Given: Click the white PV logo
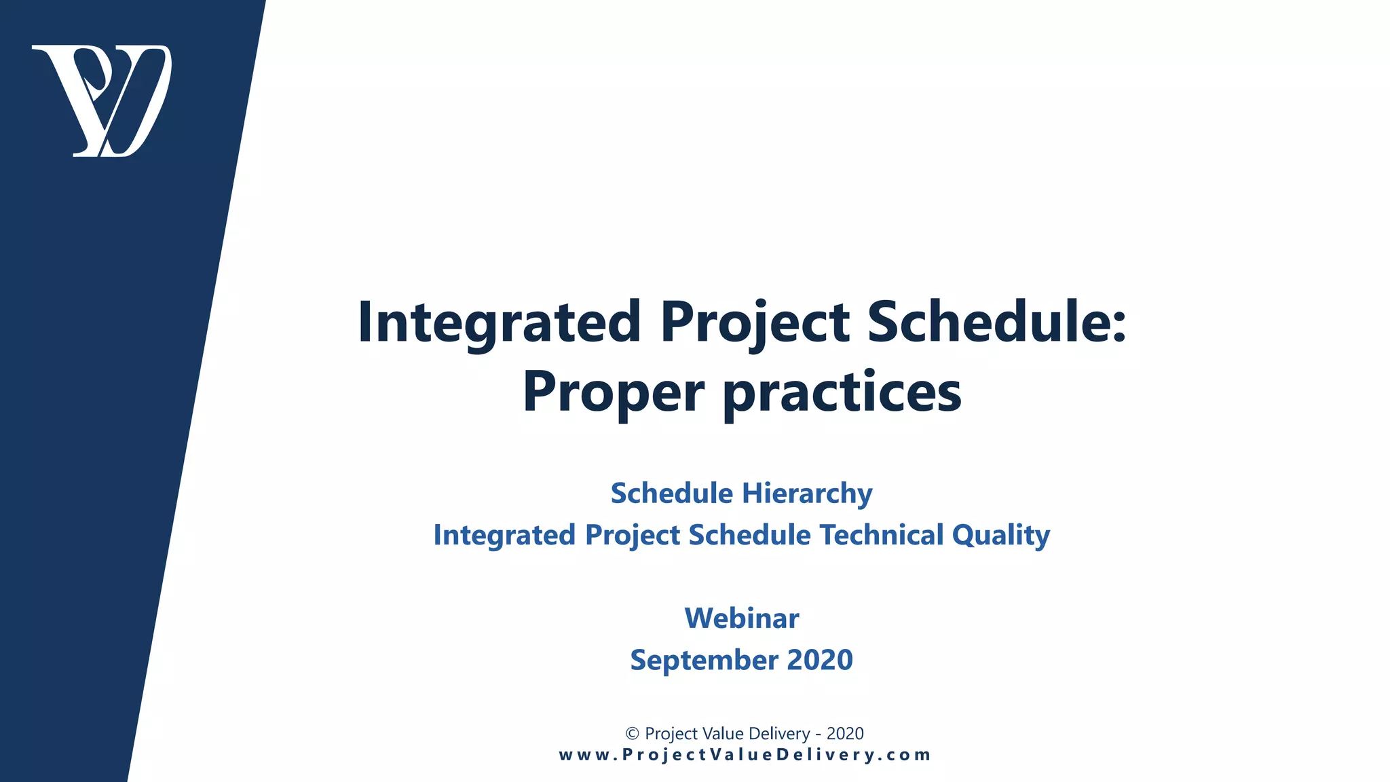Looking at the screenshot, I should click(102, 100).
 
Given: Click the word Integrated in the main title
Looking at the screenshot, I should click(499, 322).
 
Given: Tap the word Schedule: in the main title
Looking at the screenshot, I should click(996, 322).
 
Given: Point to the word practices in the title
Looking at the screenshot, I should click(842, 394).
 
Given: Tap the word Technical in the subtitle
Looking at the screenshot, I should click(881, 535).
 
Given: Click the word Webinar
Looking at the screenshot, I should click(742, 618).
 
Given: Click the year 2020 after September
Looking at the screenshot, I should click(819, 660).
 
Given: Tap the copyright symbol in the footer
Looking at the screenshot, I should click(632, 734).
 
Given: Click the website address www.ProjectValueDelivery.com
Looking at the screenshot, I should click(745, 755).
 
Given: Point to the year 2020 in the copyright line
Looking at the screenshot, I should click(845, 734).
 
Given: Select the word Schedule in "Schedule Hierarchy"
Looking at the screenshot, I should click(671, 494).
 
